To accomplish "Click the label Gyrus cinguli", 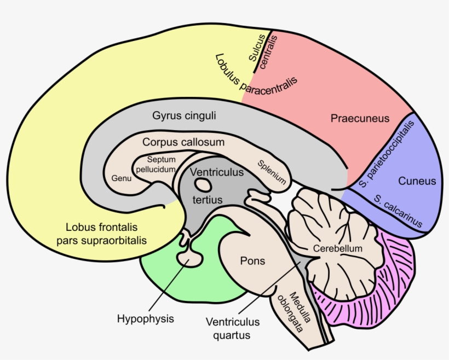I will (x=184, y=116).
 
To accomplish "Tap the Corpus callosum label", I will (x=183, y=142).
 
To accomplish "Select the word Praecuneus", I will (x=360, y=118).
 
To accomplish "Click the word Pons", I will (x=252, y=261).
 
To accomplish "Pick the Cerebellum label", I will (x=338, y=248).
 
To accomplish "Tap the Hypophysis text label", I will (x=146, y=318).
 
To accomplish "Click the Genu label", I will (x=122, y=178).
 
